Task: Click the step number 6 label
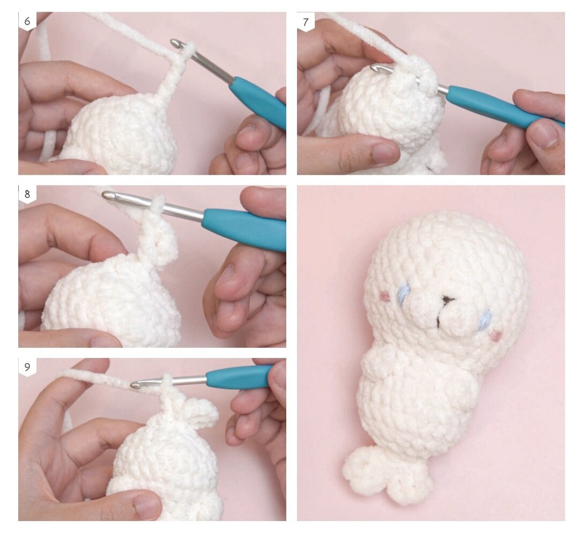click(27, 21)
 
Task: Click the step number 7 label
click(306, 22)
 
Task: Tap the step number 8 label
click(27, 194)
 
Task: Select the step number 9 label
click(27, 367)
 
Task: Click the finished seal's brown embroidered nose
click(448, 299)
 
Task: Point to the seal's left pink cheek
click(385, 296)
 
